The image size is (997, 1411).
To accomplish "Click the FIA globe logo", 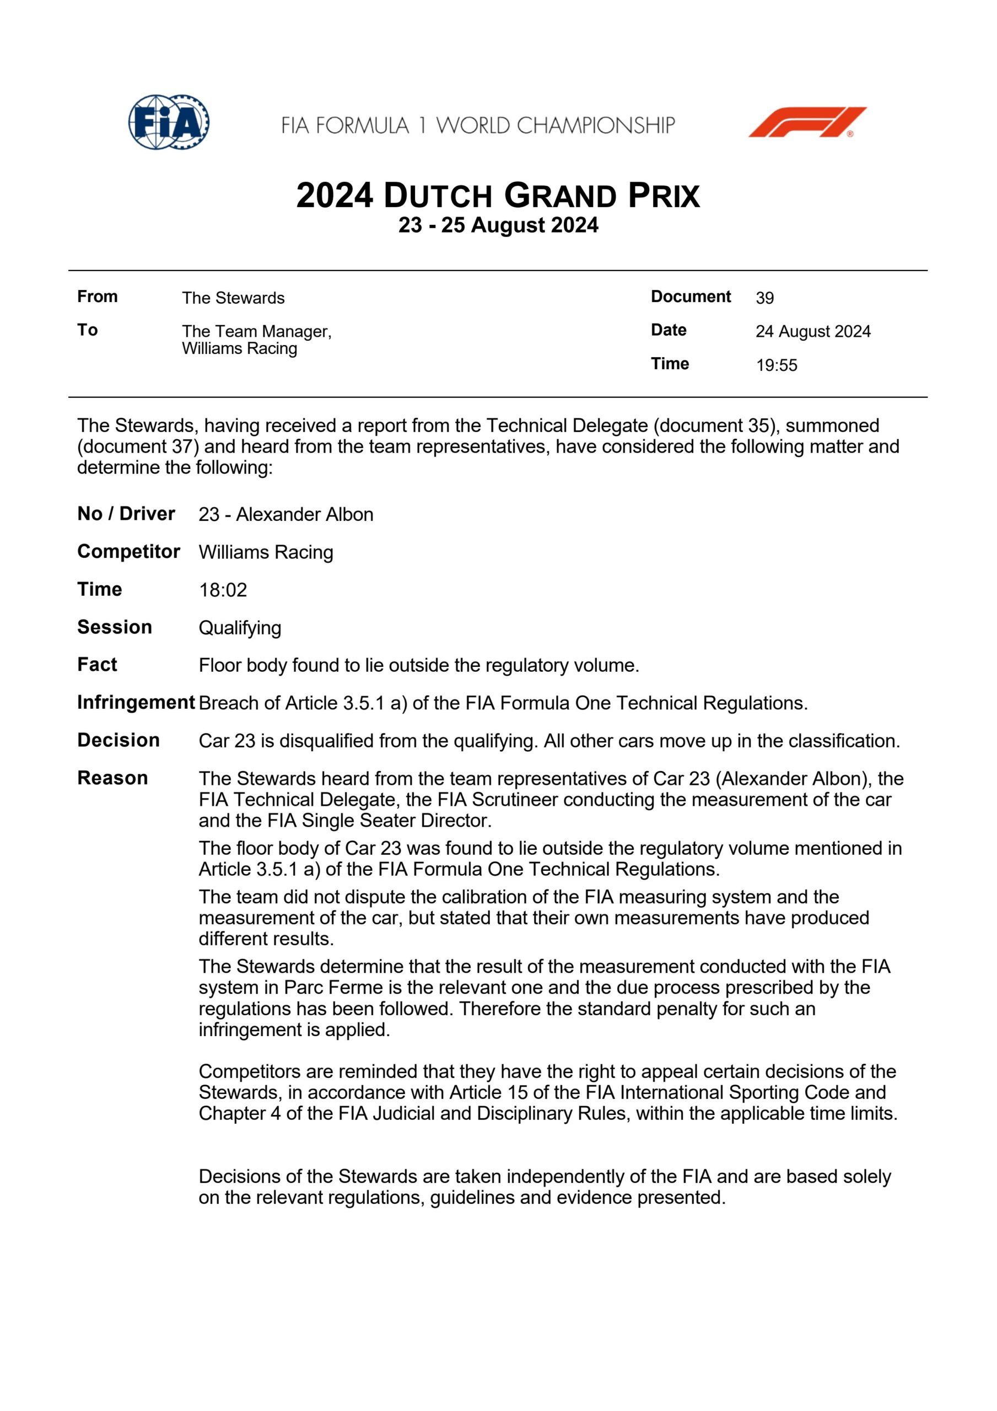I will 169,122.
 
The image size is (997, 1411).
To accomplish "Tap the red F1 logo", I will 807,122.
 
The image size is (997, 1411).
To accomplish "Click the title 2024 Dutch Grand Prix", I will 498,196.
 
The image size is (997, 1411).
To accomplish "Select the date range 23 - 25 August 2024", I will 498,225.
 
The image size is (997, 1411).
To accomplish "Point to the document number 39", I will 764,298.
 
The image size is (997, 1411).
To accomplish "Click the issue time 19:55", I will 777,365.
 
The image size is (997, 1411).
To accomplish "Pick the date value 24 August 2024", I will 812,331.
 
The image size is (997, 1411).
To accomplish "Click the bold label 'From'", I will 97,297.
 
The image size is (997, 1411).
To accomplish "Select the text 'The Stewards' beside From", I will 233,298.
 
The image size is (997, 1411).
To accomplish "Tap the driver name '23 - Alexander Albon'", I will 286,514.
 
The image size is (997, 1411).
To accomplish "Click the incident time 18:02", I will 223,590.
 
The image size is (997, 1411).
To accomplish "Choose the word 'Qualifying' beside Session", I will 240,628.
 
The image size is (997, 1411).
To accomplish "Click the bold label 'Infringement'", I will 136,702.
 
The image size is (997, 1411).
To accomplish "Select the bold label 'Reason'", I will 112,778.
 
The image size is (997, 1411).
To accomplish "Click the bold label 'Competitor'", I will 128,552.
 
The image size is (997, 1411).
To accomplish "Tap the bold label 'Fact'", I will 97,665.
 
